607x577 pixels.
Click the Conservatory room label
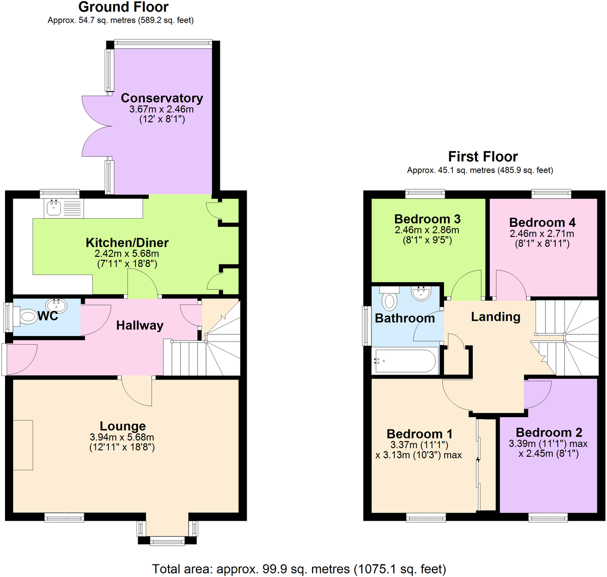(161, 98)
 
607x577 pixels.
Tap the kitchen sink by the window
(53, 207)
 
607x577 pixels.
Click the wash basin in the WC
(55, 306)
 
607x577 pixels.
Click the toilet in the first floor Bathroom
(389, 299)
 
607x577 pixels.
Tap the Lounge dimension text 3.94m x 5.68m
(122, 437)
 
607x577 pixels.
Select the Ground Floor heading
(123, 7)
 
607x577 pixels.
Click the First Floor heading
(483, 156)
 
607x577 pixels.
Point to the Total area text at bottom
(299, 569)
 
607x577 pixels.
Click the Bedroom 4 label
(542, 222)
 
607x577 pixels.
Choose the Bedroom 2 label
(549, 432)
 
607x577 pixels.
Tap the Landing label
(495, 317)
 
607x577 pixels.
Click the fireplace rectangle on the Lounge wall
(23, 445)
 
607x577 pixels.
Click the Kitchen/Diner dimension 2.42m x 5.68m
(127, 253)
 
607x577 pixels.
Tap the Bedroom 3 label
(427, 219)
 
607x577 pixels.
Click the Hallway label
(140, 325)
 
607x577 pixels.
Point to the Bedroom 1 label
(419, 434)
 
